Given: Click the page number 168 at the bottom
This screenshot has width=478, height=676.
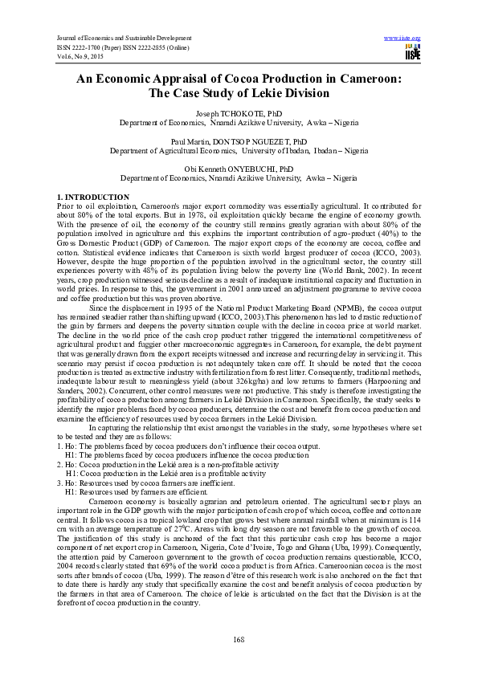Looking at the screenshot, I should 238,638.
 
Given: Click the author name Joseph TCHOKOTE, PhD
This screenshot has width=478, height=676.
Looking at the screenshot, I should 239,114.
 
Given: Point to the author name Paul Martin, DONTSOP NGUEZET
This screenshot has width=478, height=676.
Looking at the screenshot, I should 239,140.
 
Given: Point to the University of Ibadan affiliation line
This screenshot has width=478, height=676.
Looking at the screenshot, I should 239,150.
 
